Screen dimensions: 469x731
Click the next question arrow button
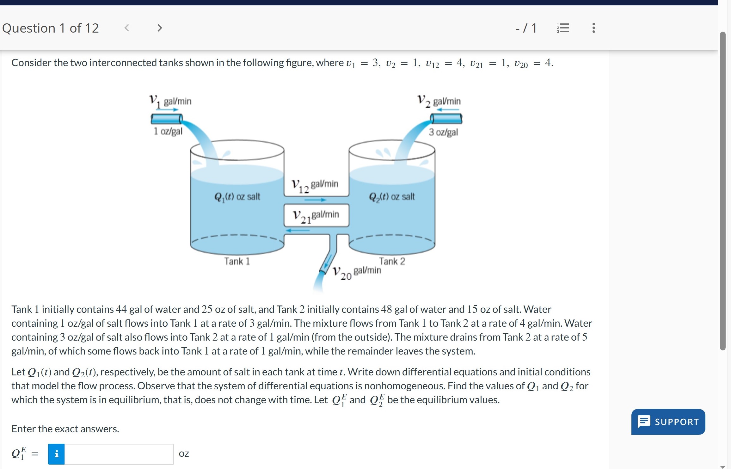160,28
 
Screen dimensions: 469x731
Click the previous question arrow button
127,28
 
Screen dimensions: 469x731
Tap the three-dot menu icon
593,28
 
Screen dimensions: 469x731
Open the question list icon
563,28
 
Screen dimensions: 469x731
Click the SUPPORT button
668,422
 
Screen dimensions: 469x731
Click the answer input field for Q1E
119,454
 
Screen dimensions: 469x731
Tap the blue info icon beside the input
57,454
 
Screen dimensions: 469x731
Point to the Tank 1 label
237,261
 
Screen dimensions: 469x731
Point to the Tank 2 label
392,261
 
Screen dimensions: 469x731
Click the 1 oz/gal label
168,131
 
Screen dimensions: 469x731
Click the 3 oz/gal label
443,132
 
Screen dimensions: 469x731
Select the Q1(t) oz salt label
237,197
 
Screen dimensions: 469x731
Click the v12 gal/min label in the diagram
315,186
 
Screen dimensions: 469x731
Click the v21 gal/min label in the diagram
316,216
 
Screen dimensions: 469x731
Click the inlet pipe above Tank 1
167,119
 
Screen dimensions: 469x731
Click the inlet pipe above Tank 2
446,119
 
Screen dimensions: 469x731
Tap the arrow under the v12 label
315,200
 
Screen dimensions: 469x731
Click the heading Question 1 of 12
51,28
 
